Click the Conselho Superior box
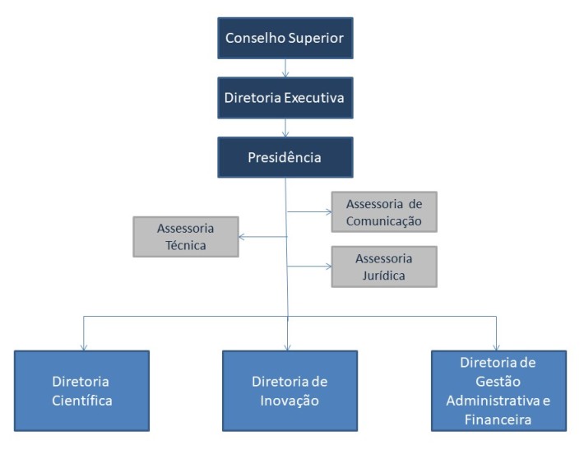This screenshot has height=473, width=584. click(x=285, y=38)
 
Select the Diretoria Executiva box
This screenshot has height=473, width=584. click(x=285, y=98)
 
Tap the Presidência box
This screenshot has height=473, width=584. click(x=285, y=157)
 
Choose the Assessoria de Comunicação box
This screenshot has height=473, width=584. click(x=384, y=212)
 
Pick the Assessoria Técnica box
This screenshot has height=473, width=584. click(x=186, y=237)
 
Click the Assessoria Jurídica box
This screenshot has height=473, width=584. click(x=384, y=267)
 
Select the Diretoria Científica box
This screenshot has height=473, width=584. click(x=82, y=391)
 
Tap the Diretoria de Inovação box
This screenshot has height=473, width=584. click(x=290, y=391)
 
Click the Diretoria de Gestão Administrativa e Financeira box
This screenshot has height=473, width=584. click(x=498, y=391)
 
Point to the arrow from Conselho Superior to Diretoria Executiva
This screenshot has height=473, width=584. click(x=285, y=68)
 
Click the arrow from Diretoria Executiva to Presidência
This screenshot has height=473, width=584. click(x=285, y=128)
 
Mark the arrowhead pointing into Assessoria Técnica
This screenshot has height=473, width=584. click(x=242, y=237)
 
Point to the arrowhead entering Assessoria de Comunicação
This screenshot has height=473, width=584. click(x=328, y=212)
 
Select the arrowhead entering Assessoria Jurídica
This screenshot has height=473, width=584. click(x=328, y=267)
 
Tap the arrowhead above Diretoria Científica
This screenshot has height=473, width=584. click(x=84, y=347)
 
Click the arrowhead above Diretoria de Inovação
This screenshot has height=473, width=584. click(x=287, y=347)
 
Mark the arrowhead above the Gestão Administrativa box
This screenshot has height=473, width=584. click(x=496, y=347)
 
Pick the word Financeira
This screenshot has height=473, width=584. click(x=498, y=420)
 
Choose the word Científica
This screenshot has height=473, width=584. click(x=82, y=401)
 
